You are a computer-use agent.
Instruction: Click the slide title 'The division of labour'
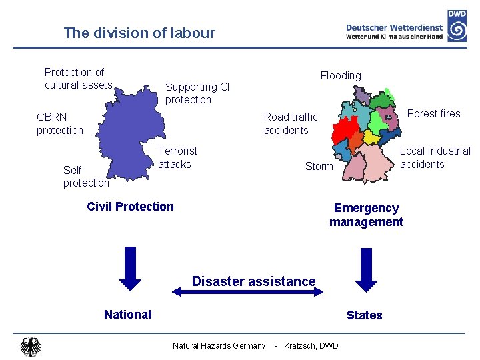pos(139,33)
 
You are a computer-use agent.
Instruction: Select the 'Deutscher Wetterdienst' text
pos(394,28)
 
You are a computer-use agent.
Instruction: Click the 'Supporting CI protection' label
pos(197,93)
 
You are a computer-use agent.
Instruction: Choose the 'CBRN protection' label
pos(60,123)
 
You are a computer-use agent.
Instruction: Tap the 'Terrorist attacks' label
pos(177,157)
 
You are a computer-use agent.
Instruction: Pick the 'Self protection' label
pos(85,177)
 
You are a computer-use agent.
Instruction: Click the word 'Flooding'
pos(341,75)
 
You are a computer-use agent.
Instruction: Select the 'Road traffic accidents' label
pos(291,123)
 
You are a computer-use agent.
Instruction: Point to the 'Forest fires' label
pos(433,113)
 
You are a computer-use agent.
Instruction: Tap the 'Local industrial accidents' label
pos(435,157)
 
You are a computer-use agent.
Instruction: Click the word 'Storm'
pos(319,166)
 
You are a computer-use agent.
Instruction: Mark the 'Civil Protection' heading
pos(130,206)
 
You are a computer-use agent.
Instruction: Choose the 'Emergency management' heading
pos(366,215)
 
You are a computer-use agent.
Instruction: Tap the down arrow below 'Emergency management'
pos(365,265)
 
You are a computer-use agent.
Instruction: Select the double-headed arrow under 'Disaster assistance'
pos(248,291)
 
